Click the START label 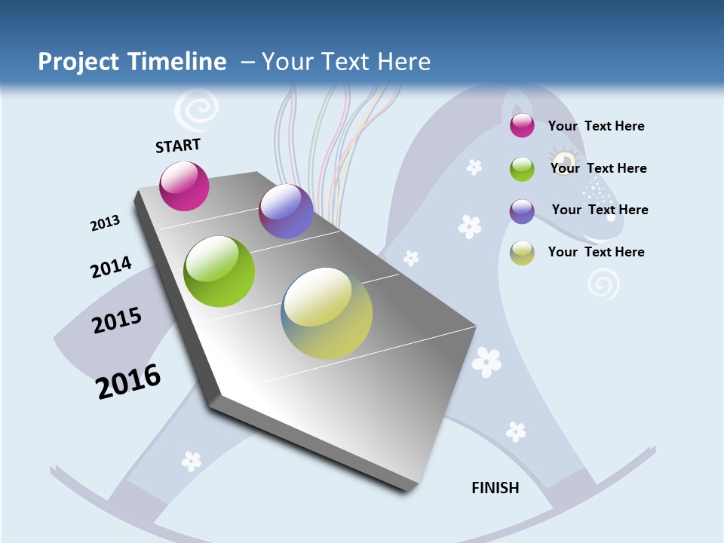click(x=178, y=146)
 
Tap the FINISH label click(x=495, y=488)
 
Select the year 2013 click(x=105, y=223)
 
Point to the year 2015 click(x=117, y=321)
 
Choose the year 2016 click(x=128, y=382)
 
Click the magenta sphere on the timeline click(x=184, y=186)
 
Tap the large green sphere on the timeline click(x=219, y=271)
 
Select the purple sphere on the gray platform click(x=286, y=211)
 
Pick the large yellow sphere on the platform click(x=327, y=312)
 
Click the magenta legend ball click(x=522, y=126)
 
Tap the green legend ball click(x=522, y=169)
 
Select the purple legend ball click(x=522, y=211)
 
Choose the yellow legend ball click(x=522, y=253)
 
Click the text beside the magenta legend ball click(x=596, y=126)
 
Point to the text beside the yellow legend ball click(x=596, y=252)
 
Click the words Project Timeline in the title click(x=132, y=62)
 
